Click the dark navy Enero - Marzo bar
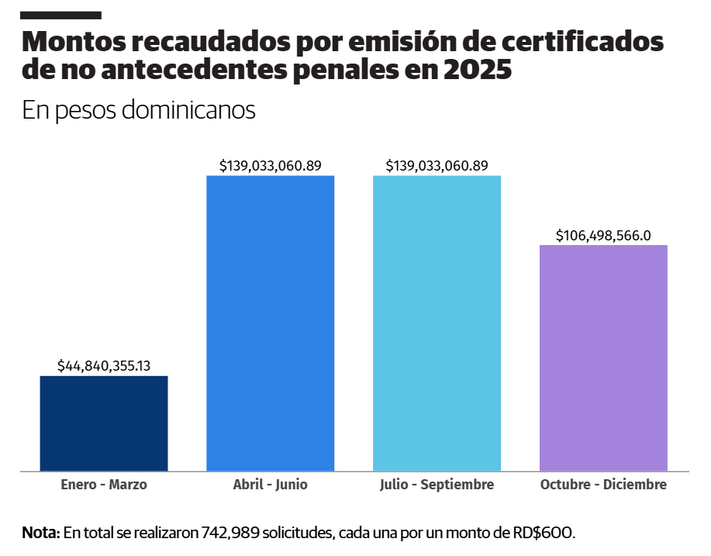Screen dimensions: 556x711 pyautogui.click(x=104, y=423)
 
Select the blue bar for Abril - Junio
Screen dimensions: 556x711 pyautogui.click(x=270, y=323)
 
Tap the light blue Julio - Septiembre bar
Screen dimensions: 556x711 pyautogui.click(x=437, y=323)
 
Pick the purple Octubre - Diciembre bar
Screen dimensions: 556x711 pyautogui.click(x=603, y=357)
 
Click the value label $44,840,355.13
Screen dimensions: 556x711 pyautogui.click(x=104, y=365)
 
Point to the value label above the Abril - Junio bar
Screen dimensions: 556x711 pyautogui.click(x=270, y=165)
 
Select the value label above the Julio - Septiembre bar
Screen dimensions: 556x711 pyautogui.click(x=437, y=165)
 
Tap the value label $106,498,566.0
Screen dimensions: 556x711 pyautogui.click(x=603, y=235)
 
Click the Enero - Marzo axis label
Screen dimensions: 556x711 pyautogui.click(x=104, y=485)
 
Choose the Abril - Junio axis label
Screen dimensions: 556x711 pyautogui.click(x=270, y=485)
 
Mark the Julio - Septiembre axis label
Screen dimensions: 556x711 pyautogui.click(x=437, y=485)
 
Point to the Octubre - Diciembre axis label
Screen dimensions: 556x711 pyautogui.click(x=603, y=485)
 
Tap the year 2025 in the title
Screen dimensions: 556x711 pyautogui.click(x=478, y=70)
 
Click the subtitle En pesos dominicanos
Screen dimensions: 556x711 pyautogui.click(x=139, y=110)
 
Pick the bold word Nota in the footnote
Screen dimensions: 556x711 pyautogui.click(x=40, y=533)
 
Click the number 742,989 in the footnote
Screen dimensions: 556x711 pyautogui.click(x=230, y=533)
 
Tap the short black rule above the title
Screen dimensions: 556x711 pyautogui.click(x=61, y=16)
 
